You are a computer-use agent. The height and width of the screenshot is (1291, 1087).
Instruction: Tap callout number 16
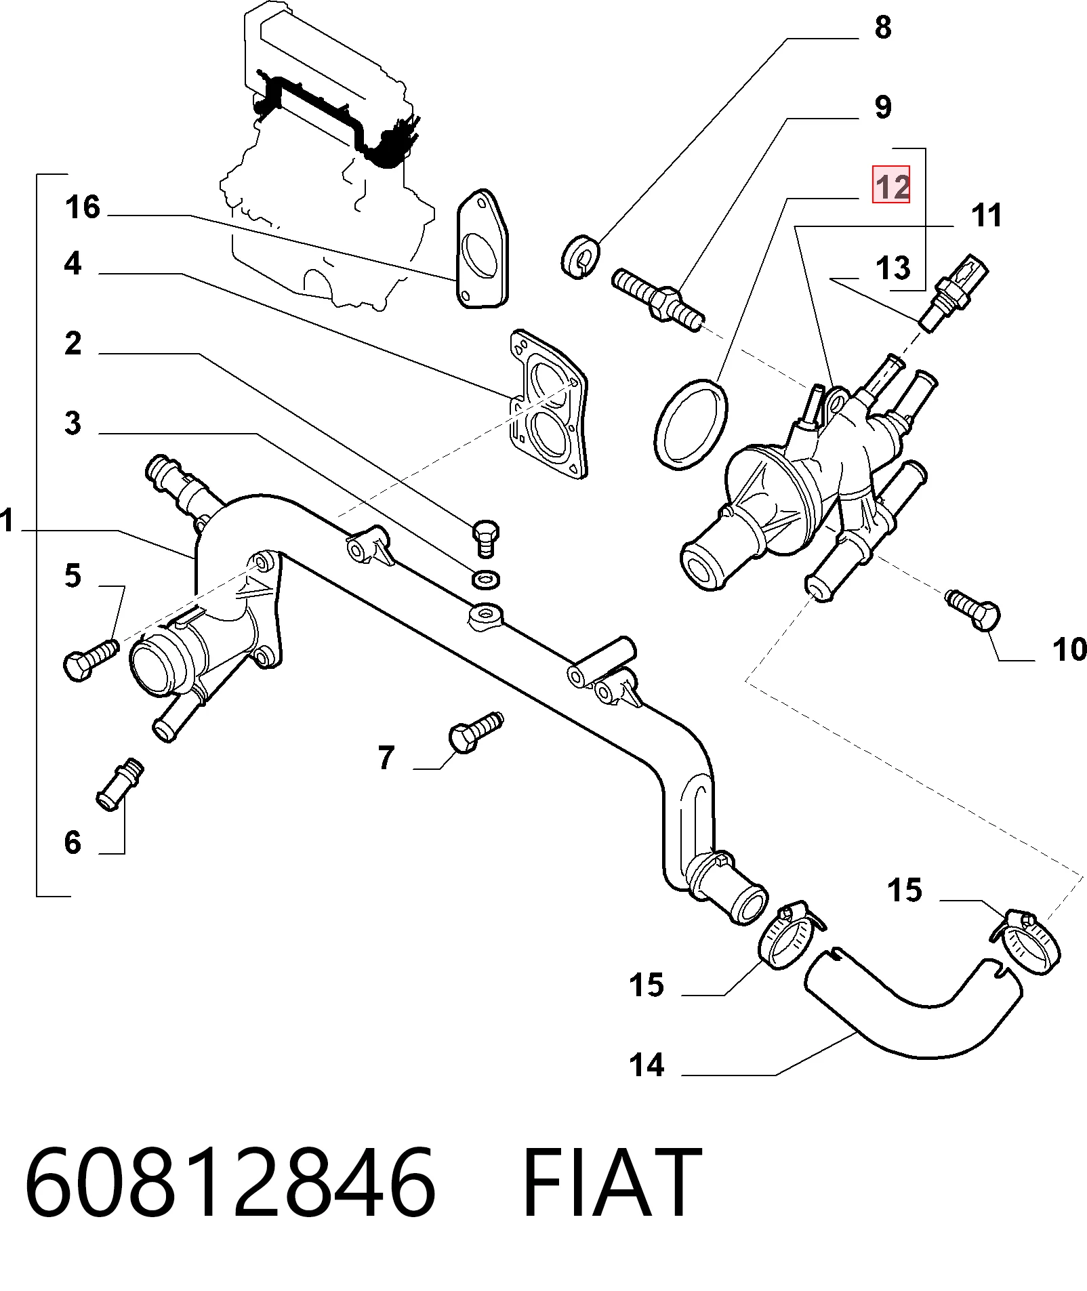tap(83, 207)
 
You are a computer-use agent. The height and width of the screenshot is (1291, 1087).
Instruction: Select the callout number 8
tap(882, 28)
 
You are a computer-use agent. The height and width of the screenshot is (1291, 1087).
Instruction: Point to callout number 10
tap(1069, 649)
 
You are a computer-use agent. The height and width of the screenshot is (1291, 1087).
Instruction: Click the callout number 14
tap(647, 1065)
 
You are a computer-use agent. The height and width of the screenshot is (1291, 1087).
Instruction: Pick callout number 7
tap(386, 758)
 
